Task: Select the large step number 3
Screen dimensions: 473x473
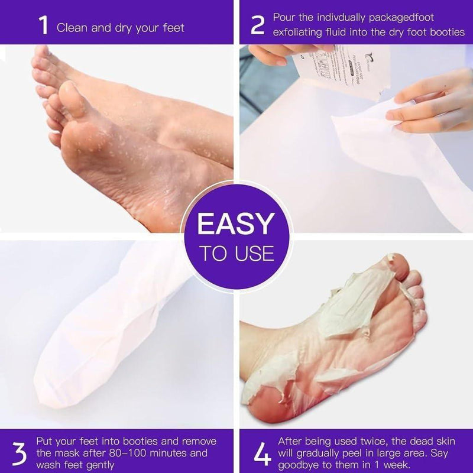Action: click(x=20, y=452)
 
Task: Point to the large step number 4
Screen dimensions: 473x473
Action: click(x=261, y=452)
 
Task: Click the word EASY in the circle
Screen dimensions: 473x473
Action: click(x=236, y=224)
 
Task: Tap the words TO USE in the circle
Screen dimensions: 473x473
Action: click(x=236, y=254)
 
